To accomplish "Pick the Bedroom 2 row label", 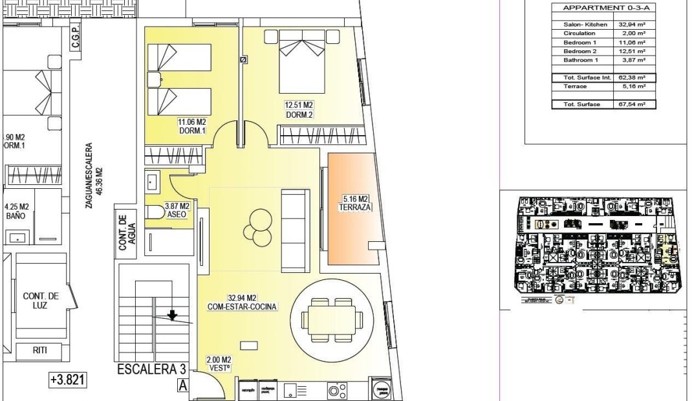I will (x=578, y=51).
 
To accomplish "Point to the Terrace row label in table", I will (x=575, y=86).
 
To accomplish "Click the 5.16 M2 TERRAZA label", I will (x=352, y=203).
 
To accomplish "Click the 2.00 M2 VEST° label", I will (x=218, y=364).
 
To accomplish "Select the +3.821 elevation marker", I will (x=67, y=380).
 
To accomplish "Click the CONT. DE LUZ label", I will (x=41, y=300).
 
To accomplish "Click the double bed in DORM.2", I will (x=301, y=61).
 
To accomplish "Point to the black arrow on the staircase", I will (x=172, y=316).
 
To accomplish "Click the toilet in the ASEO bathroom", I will (x=155, y=213).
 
